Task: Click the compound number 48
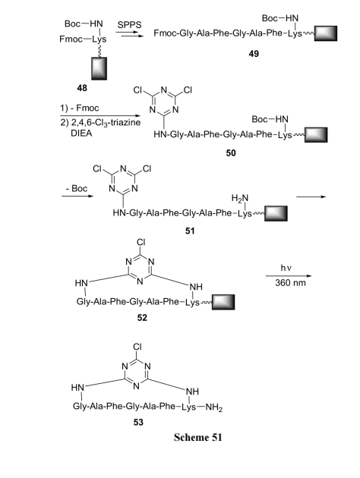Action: (x=82, y=88)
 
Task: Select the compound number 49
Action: (x=254, y=54)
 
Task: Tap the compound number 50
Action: (x=231, y=153)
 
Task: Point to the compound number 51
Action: (x=190, y=231)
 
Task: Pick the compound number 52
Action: (x=142, y=318)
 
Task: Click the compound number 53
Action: (x=138, y=422)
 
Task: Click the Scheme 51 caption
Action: (x=197, y=437)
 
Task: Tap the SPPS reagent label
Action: (x=129, y=25)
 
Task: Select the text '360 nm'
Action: (x=290, y=283)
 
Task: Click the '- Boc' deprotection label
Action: (x=77, y=188)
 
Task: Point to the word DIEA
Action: (x=81, y=134)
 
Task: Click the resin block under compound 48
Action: (x=99, y=68)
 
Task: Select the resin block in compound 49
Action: (x=326, y=33)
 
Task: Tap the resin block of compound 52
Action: (x=223, y=302)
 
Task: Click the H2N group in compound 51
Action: (x=240, y=199)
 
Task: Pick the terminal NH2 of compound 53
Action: (x=214, y=407)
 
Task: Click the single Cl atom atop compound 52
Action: (x=141, y=242)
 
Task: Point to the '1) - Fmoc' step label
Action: (x=79, y=108)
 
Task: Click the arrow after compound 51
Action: (x=311, y=197)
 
